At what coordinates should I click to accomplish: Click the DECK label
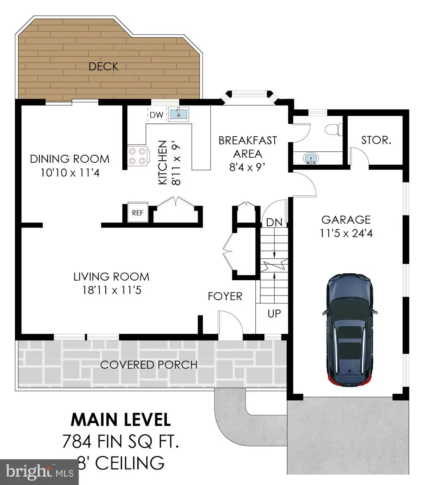click(x=103, y=66)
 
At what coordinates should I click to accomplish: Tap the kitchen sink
click(x=179, y=114)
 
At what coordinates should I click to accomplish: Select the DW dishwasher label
click(x=157, y=115)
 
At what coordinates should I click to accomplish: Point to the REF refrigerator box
click(x=138, y=213)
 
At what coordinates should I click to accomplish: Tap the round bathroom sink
click(x=311, y=159)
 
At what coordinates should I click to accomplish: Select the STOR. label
click(x=376, y=140)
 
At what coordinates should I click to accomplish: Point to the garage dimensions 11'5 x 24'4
click(x=346, y=233)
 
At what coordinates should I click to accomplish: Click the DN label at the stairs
click(x=274, y=222)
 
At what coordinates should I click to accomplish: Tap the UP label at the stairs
click(x=274, y=313)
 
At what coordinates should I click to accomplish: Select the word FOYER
click(x=225, y=296)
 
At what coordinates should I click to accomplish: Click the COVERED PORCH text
click(x=149, y=364)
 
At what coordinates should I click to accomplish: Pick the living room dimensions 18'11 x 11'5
click(x=112, y=290)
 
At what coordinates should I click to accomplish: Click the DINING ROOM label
click(x=70, y=159)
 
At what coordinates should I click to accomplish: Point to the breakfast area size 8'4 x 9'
click(x=247, y=167)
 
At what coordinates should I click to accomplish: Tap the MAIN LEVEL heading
click(x=121, y=420)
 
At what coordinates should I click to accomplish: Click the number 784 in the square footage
click(x=77, y=441)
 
